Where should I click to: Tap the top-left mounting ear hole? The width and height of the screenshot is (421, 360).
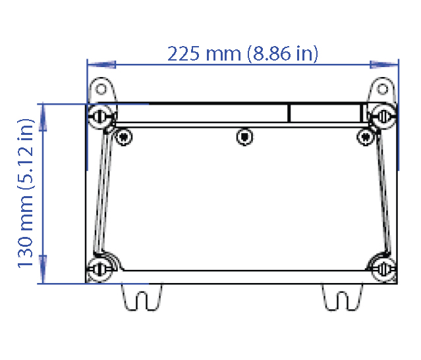(101, 88)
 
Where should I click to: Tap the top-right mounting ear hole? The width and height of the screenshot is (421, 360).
(383, 88)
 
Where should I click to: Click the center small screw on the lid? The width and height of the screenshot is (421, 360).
(244, 136)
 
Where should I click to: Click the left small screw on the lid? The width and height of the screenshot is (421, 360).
(122, 136)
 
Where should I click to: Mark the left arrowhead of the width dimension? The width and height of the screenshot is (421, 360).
(101, 64)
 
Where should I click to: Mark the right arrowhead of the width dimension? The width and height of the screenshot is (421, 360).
(385, 64)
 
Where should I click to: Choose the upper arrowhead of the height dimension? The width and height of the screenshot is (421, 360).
(44, 117)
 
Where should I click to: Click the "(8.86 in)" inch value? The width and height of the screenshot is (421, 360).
(283, 53)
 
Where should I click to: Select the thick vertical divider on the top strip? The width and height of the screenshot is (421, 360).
(289, 113)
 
